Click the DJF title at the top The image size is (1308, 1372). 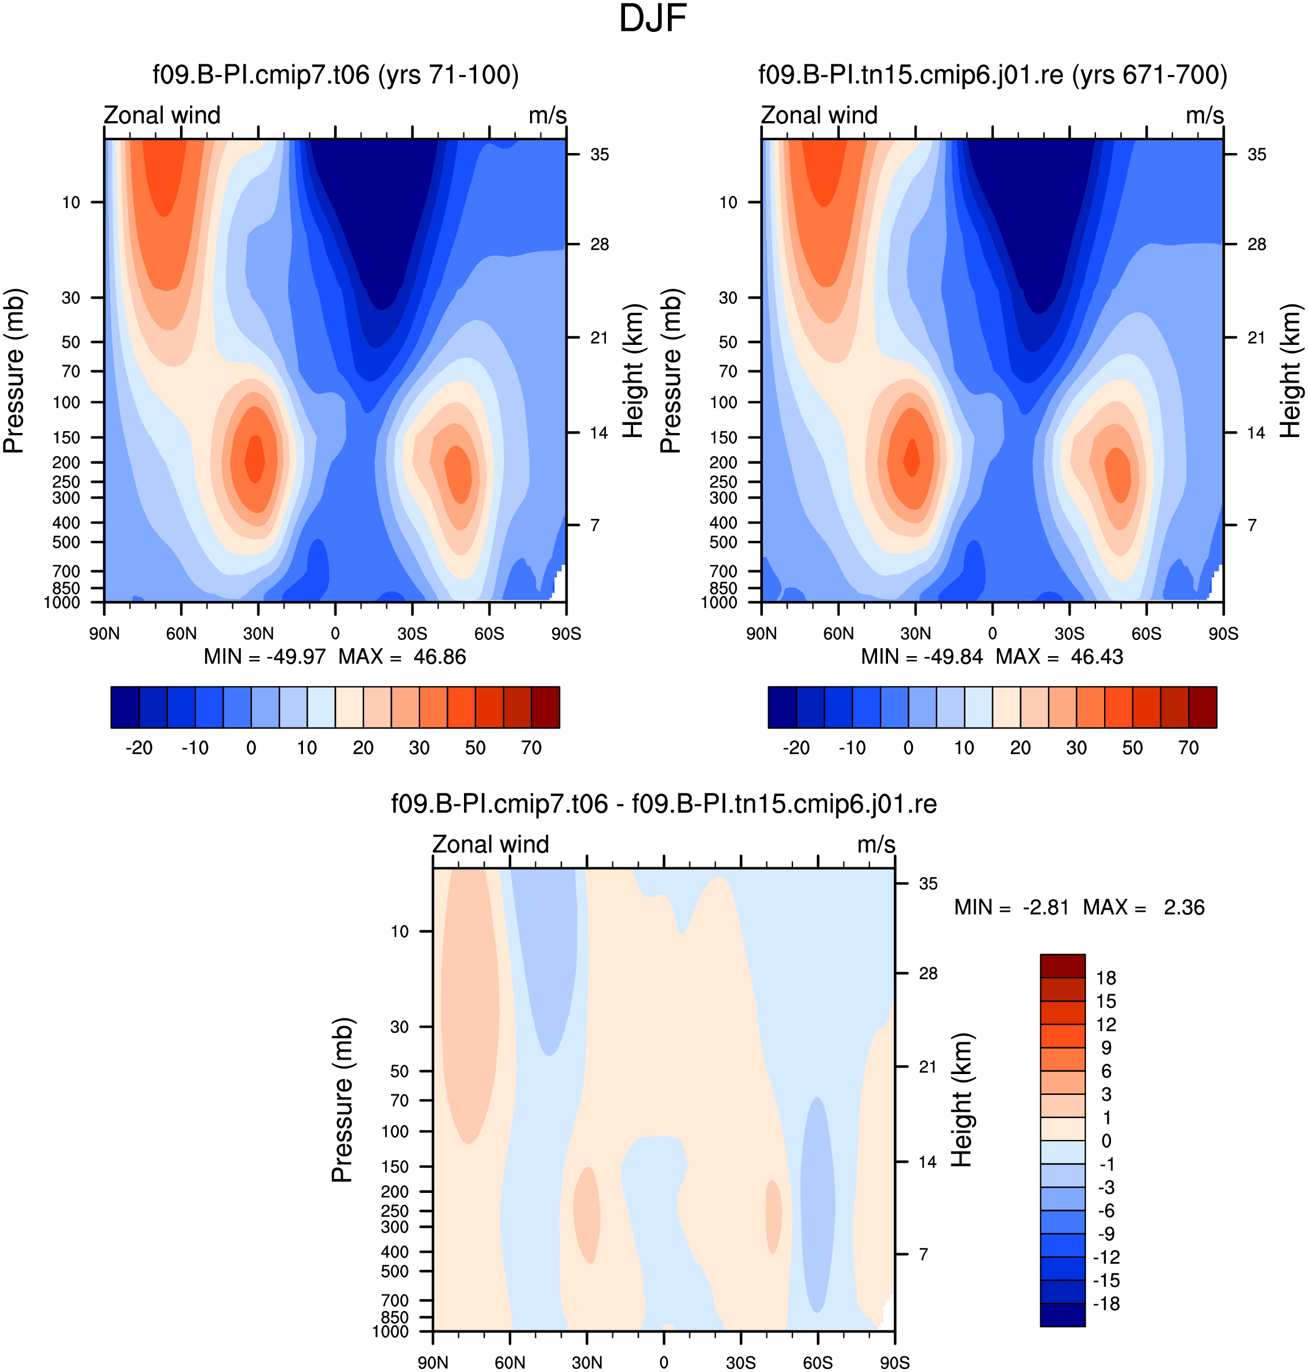tap(653, 19)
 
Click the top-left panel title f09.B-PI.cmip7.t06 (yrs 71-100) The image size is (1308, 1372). tap(336, 75)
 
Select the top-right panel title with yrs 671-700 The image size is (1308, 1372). tap(993, 75)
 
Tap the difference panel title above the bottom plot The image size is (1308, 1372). tap(664, 804)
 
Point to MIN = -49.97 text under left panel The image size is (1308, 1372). tap(265, 657)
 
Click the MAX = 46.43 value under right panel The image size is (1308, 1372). tap(1060, 657)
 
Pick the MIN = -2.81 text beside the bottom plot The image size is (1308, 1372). tap(1011, 908)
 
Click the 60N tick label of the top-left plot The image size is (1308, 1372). tap(181, 634)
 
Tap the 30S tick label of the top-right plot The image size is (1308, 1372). tap(1069, 634)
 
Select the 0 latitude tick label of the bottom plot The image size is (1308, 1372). tap(664, 1363)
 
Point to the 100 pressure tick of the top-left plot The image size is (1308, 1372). tap(67, 402)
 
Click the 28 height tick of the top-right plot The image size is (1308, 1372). tap(1256, 244)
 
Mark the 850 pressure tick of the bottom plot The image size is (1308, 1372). tap(394, 1317)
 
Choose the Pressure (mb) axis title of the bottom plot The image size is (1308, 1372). tap(342, 1100)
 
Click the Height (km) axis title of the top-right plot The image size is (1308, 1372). tap(1291, 371)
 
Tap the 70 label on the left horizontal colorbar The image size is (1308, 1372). tap(531, 748)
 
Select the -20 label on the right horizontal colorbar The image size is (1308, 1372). tap(797, 748)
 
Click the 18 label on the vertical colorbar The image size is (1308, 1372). tap(1106, 978)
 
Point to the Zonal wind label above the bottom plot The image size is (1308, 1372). tap(491, 845)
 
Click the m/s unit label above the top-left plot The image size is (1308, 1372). tap(548, 116)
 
